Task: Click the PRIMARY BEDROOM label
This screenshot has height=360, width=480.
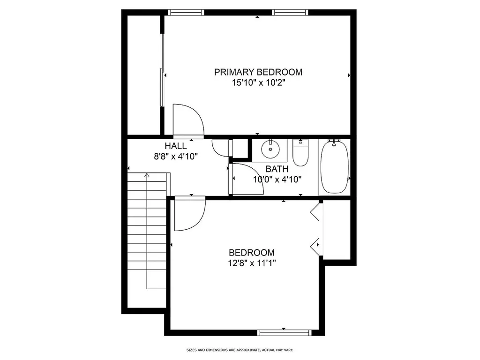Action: point(258,72)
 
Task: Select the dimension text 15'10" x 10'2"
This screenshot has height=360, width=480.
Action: point(258,83)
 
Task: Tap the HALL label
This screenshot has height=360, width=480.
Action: point(175,146)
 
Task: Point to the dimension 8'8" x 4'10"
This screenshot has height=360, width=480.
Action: point(175,157)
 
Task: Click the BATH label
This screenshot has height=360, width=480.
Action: point(277,169)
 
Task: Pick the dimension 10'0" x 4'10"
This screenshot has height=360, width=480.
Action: point(277,179)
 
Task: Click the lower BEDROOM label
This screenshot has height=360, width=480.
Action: point(252,252)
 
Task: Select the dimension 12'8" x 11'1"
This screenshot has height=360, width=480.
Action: point(252,263)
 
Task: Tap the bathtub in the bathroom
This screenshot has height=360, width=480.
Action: point(334,167)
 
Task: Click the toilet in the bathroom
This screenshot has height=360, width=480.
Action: point(300,153)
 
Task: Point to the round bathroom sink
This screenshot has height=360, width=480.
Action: point(270,149)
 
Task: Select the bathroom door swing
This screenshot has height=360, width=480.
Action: point(246,178)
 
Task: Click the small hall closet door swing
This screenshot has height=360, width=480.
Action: point(221,148)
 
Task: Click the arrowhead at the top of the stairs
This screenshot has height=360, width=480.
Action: point(147,175)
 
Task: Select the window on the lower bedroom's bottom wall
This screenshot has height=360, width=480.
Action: point(284,333)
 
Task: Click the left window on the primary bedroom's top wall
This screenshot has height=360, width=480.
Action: point(186,13)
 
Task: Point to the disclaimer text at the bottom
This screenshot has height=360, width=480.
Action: point(240,350)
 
